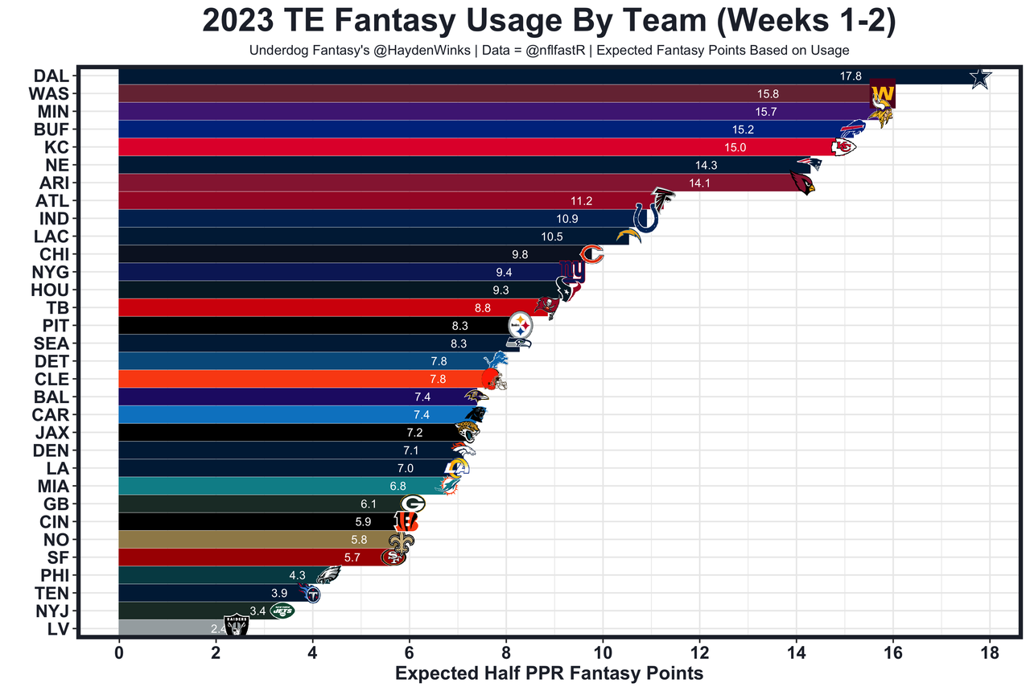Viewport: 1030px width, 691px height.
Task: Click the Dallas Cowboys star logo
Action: click(979, 78)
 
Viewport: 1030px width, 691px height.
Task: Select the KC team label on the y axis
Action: click(62, 147)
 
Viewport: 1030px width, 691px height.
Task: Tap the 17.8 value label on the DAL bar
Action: click(850, 76)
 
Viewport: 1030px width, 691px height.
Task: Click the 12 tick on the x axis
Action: click(699, 652)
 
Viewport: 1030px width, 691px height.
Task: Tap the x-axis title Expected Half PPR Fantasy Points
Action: click(549, 674)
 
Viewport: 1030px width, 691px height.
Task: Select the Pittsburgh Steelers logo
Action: click(521, 326)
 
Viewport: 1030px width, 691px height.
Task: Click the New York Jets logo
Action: click(282, 611)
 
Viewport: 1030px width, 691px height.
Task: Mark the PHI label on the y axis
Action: click(59, 575)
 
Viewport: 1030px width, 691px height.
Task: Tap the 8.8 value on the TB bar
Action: click(483, 307)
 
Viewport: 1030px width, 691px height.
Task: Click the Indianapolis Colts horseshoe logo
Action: click(645, 217)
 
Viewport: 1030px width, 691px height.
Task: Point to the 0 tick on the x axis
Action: click(119, 652)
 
